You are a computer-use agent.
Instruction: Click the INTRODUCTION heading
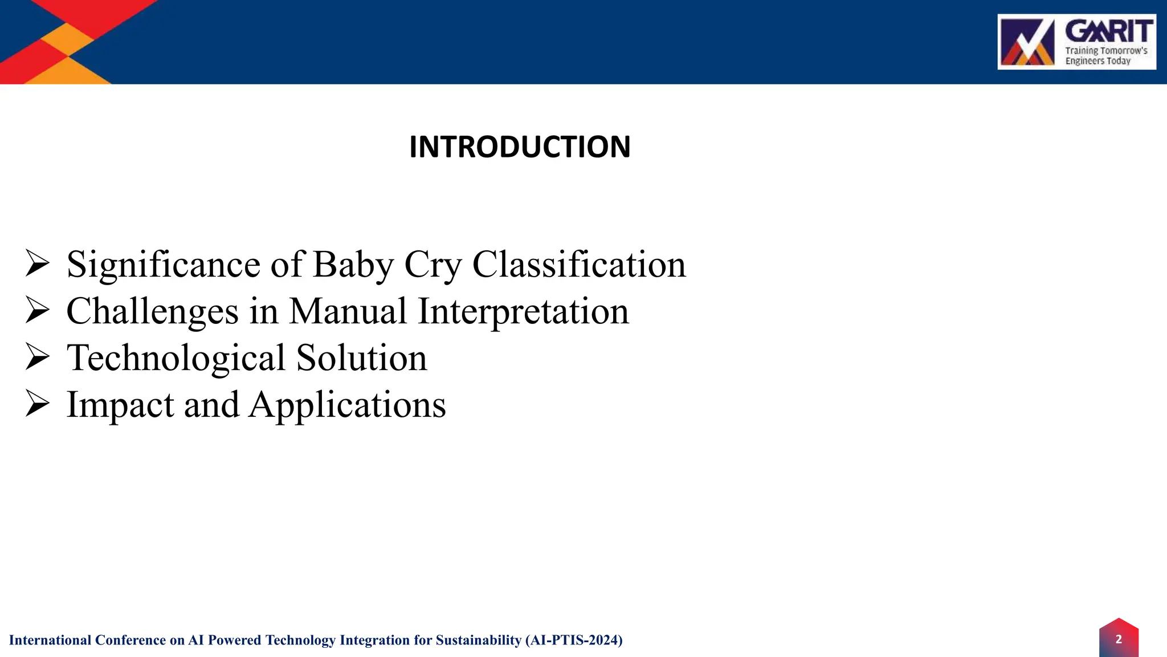click(520, 147)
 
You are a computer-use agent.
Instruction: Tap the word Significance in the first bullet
click(164, 265)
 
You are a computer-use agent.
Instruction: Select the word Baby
click(353, 265)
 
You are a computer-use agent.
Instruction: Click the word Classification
click(579, 265)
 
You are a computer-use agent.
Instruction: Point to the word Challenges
click(152, 311)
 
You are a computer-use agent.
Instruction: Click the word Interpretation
click(523, 311)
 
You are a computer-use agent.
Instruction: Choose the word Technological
click(176, 358)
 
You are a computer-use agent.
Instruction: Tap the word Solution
click(361, 358)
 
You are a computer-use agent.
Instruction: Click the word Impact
click(120, 405)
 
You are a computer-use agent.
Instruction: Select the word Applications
click(348, 405)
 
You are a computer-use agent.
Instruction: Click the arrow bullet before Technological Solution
click(38, 358)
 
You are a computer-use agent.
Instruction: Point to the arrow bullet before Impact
click(38, 405)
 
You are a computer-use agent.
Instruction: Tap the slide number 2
click(1119, 639)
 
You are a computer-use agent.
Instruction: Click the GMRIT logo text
click(1109, 31)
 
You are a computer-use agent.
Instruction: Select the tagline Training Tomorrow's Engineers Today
click(1106, 56)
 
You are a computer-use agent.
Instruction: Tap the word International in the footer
click(50, 640)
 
